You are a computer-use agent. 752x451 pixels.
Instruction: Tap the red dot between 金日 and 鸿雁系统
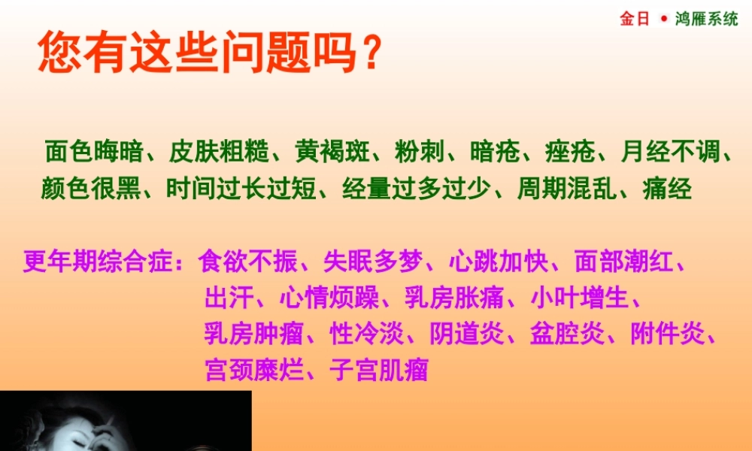tap(664, 19)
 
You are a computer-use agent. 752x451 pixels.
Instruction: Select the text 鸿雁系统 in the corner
tap(708, 19)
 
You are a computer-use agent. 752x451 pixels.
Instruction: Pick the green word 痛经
tap(668, 188)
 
